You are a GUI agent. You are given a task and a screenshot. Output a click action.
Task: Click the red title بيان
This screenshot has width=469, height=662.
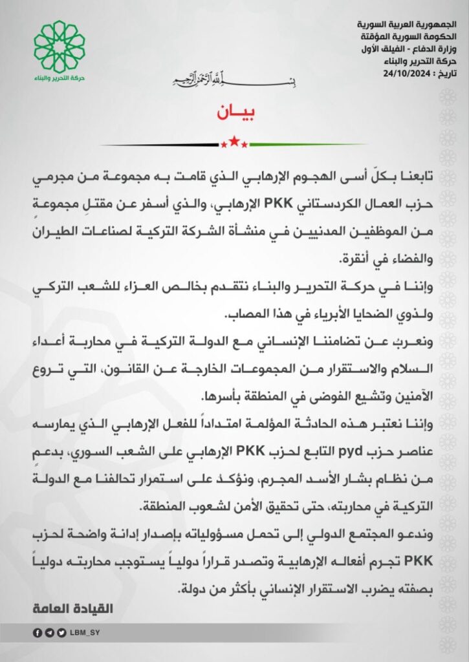(234, 112)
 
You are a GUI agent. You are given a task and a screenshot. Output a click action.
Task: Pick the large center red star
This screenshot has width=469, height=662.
(234, 142)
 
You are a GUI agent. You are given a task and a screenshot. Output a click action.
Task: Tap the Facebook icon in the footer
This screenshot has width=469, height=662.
(37, 633)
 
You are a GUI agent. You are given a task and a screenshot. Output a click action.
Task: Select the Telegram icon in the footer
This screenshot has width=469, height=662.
(49, 633)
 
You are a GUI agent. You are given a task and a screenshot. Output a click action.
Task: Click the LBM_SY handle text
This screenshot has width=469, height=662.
(83, 633)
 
